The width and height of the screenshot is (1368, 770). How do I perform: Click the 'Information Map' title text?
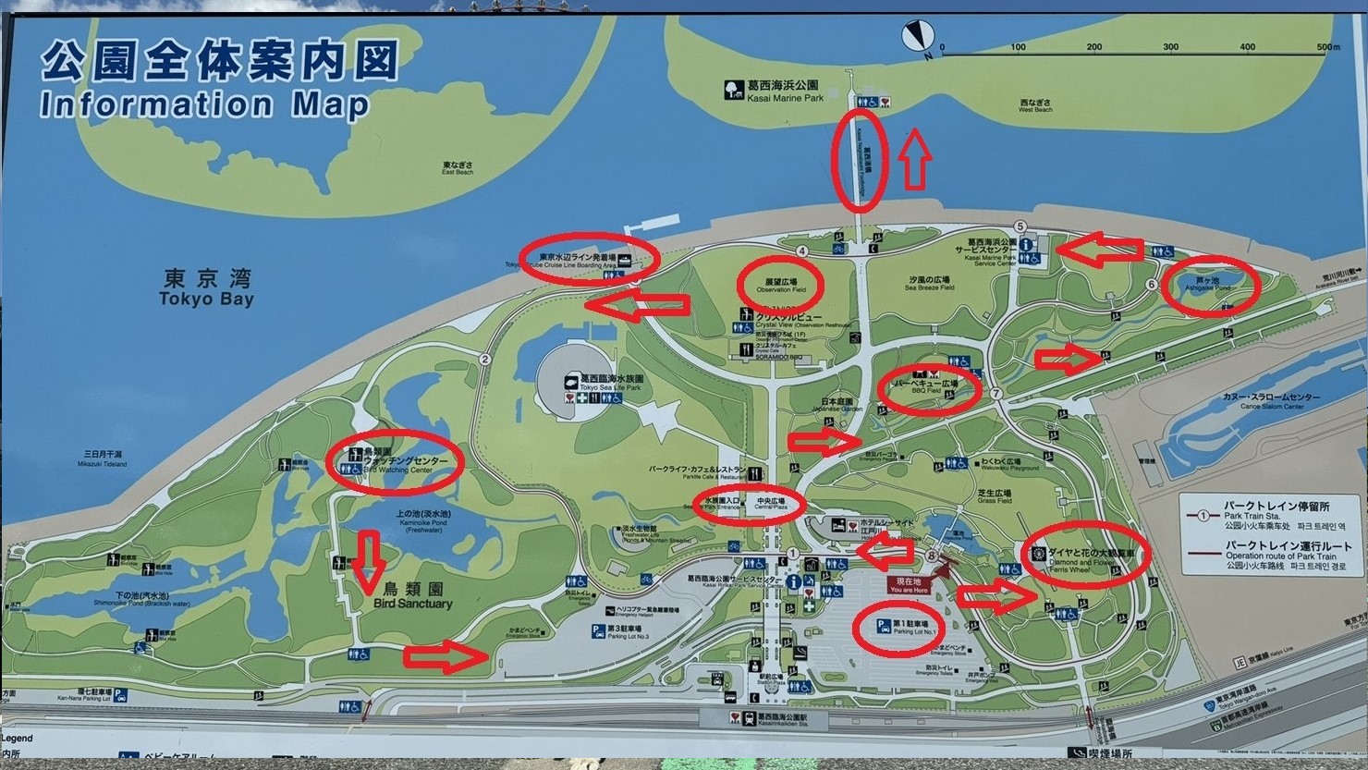coord(203,104)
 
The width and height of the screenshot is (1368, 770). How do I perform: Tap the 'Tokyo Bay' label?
coord(205,288)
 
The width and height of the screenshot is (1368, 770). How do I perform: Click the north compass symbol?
coord(915,36)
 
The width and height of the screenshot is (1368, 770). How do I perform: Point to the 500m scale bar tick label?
coord(1327,47)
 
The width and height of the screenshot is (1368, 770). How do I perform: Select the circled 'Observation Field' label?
coord(780,285)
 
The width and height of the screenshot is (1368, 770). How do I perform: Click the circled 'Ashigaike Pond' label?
coord(1210,284)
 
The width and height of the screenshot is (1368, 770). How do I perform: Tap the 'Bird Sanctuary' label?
coord(413,596)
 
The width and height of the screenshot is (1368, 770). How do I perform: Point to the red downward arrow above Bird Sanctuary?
coord(370,561)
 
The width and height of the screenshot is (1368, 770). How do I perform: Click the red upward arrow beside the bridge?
coord(915,159)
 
